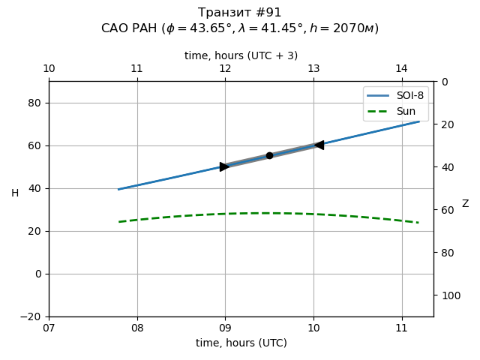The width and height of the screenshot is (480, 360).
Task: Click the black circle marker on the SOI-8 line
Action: click(269, 155)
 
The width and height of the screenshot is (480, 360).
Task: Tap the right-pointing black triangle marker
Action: click(224, 166)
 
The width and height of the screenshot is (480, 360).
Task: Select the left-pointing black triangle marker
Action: click(319, 145)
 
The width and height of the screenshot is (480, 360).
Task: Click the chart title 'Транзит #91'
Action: click(240, 13)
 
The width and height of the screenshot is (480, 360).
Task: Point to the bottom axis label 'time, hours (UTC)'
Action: click(241, 343)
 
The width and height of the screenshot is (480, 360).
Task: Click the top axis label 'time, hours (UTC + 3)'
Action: click(241, 55)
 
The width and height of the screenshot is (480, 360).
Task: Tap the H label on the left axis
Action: click(15, 193)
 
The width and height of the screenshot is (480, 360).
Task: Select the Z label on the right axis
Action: click(465, 204)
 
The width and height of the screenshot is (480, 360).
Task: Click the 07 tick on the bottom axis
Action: click(49, 328)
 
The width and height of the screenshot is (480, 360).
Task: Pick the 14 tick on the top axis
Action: click(401, 69)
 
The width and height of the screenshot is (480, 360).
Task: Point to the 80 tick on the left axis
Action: click(34, 103)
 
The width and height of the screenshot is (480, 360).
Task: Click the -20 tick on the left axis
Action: click(31, 316)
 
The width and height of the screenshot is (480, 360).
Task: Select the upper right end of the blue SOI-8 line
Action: click(419, 121)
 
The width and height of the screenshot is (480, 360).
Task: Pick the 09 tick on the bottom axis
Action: click(225, 328)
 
